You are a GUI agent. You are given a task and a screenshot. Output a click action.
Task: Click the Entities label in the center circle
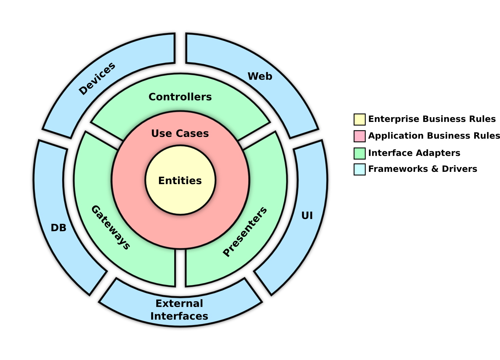tap(180, 181)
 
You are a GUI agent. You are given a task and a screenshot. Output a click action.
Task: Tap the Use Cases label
tap(180, 133)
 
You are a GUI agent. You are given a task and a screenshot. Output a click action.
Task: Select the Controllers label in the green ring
tap(180, 97)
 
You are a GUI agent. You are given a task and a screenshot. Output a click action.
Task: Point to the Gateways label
tap(111, 228)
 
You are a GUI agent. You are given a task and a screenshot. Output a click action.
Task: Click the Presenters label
tap(245, 232)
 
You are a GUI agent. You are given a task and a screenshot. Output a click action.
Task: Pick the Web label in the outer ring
tap(260, 76)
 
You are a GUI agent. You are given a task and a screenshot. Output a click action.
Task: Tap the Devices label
tap(97, 79)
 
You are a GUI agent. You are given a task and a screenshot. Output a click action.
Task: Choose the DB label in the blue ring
tap(58, 228)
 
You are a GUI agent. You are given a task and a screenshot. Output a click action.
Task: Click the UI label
tap(307, 216)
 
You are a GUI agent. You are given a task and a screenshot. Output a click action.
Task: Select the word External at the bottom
tap(179, 303)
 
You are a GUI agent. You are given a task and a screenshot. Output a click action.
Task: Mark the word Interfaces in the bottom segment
tap(179, 316)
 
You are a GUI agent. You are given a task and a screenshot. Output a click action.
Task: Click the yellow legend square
tap(359, 120)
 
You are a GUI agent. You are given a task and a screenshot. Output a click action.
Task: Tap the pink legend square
tap(359, 136)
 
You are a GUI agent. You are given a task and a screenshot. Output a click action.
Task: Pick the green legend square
tap(359, 153)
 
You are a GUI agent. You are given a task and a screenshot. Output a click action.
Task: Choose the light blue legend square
tap(359, 169)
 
